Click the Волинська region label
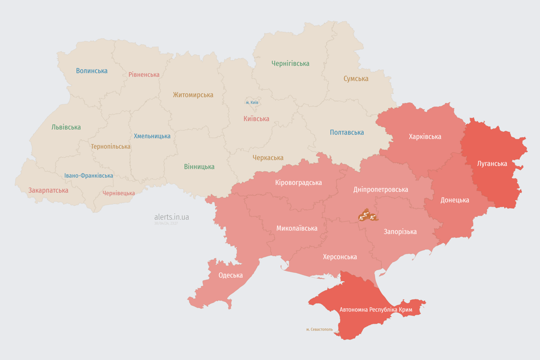(x=92, y=71)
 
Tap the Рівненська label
(x=144, y=75)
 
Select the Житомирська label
(x=193, y=95)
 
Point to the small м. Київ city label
(x=252, y=102)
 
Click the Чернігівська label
(x=290, y=63)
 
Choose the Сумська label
(x=356, y=79)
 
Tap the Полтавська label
(x=347, y=132)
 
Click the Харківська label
(x=425, y=136)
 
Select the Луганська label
(x=492, y=164)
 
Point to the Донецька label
(x=455, y=200)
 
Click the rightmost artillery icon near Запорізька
(x=373, y=217)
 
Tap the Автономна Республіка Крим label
(x=376, y=310)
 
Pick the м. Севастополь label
(x=319, y=330)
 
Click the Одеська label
(x=231, y=275)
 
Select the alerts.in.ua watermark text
(x=172, y=217)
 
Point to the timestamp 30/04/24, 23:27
(x=166, y=224)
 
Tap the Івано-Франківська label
(x=89, y=176)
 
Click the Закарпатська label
(x=48, y=190)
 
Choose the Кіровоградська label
(x=299, y=182)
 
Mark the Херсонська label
(x=340, y=257)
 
